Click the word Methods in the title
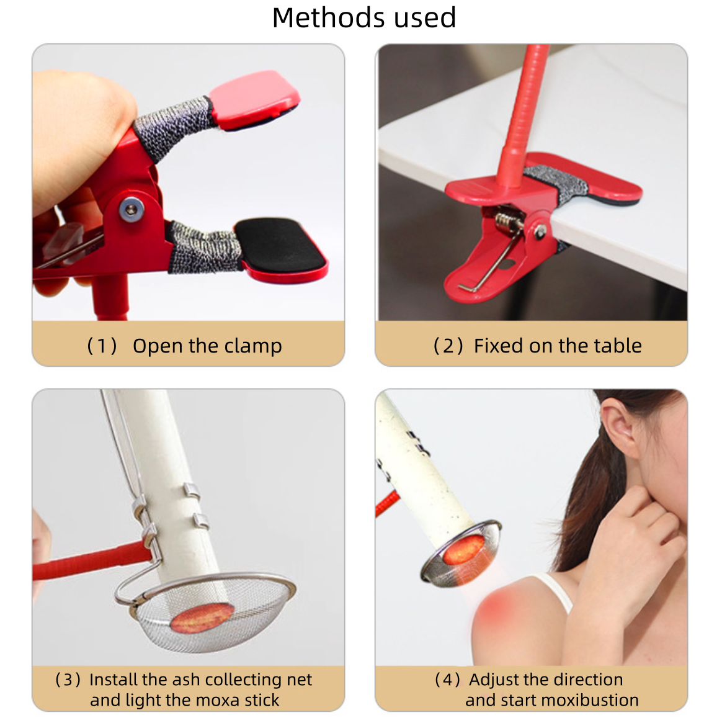click(x=322, y=18)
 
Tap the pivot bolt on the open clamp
click(x=131, y=209)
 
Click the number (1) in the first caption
click(x=102, y=346)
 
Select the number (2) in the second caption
click(x=448, y=346)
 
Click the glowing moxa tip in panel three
click(x=201, y=618)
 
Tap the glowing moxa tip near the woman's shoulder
click(x=463, y=550)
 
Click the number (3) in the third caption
click(x=68, y=680)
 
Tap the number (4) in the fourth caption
click(x=447, y=680)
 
